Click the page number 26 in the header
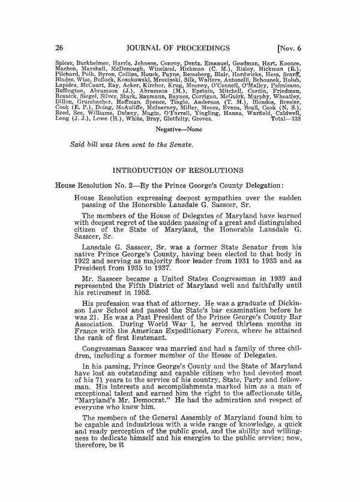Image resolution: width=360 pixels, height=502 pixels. click(x=59, y=47)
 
